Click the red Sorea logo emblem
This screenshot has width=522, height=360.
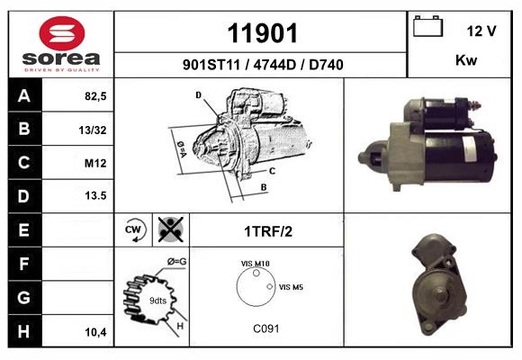coord(62,33)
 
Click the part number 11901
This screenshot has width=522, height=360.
coord(262,33)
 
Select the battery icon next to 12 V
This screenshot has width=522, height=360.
coord(427,26)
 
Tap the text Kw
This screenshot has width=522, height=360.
coord(466,60)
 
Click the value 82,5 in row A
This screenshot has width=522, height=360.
coord(95,96)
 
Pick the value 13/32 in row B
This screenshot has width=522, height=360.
coord(93,130)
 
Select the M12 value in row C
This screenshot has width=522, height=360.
coord(95,163)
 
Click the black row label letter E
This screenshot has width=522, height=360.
coord(23,229)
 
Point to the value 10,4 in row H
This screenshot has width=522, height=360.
coord(95,332)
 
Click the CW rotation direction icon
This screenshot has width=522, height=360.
coord(133,229)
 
